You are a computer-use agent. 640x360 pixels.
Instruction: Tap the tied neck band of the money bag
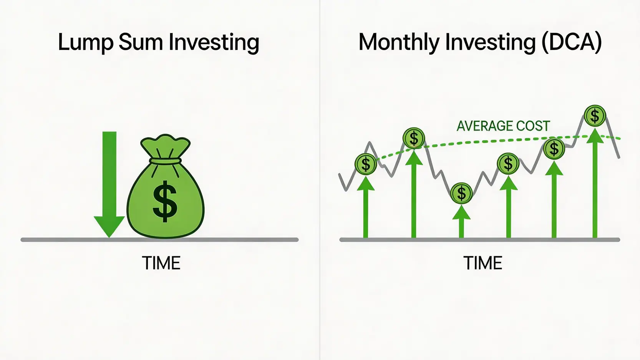coord(166,161)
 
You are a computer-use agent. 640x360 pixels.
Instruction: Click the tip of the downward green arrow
coord(109,237)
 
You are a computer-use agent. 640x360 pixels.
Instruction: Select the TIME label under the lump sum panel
coord(161,263)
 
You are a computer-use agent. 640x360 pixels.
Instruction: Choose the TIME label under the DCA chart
coord(482,263)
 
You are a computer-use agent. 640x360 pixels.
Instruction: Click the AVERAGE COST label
coord(503,126)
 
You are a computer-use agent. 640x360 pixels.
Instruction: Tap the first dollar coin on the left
coord(366,164)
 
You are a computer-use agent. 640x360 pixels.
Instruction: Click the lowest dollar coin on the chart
coord(461,193)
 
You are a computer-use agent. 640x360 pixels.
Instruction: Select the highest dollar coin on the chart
coord(595,116)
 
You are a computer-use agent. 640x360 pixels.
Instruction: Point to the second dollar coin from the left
coord(414,138)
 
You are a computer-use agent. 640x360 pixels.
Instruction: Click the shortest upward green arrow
coord(461,221)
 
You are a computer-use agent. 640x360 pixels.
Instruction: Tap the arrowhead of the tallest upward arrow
coord(595,136)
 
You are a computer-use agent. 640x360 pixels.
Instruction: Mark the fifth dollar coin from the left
coord(554,149)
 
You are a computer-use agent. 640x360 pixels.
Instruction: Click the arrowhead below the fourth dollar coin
coord(509,183)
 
